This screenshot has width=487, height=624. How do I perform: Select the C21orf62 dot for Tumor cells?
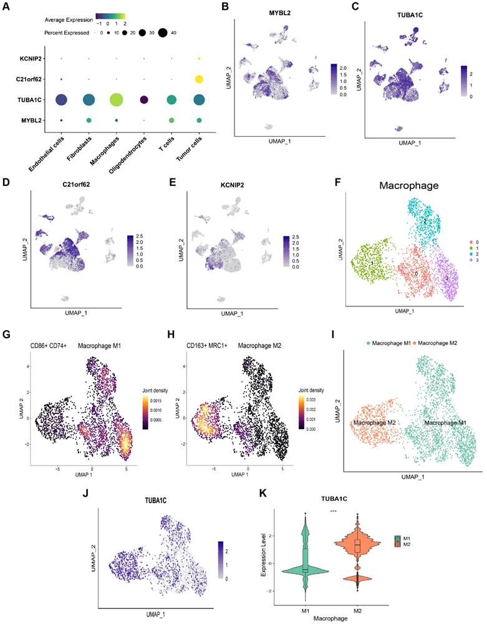pos(199,79)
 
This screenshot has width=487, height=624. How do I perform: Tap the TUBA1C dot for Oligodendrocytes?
pos(144,100)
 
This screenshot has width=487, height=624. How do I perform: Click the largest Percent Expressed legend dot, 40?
pos(166,32)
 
